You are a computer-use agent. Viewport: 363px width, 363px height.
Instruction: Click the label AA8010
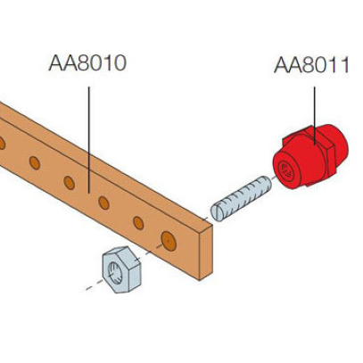tap(87, 63)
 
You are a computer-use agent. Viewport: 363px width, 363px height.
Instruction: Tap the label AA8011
tap(311, 65)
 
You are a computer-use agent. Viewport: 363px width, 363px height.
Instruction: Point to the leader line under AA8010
tap(89, 140)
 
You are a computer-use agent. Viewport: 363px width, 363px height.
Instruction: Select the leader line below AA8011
tap(315, 115)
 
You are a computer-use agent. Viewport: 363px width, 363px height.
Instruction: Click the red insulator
tap(310, 157)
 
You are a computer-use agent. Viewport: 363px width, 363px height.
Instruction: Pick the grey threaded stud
tap(241, 198)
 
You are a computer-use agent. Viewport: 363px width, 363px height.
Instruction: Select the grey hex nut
tap(122, 269)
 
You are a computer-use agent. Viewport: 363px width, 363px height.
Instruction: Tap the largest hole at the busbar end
tap(169, 241)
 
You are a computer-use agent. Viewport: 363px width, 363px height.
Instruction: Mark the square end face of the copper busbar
tap(206, 252)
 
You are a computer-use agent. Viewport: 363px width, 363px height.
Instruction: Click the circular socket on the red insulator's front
tap(287, 171)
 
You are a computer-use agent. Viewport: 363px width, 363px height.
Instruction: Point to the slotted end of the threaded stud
tap(218, 212)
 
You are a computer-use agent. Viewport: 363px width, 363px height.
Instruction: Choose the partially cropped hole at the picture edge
tap(2, 144)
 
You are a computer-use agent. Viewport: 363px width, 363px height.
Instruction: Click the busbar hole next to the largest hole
tap(138, 223)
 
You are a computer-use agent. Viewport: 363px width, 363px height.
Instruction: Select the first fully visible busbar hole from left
tap(35, 163)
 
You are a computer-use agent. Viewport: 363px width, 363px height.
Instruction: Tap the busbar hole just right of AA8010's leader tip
tap(103, 202)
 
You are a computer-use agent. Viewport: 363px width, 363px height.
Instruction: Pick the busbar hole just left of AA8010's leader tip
tap(69, 183)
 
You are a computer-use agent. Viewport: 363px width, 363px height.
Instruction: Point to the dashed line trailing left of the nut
tap(95, 285)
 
